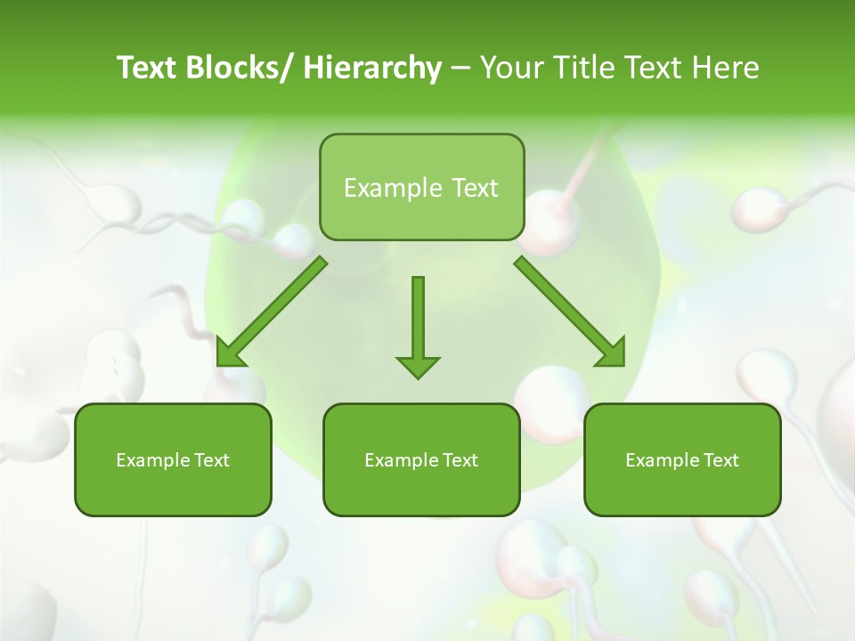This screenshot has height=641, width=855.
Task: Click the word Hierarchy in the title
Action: (372, 68)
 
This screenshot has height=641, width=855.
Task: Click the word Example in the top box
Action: (380, 188)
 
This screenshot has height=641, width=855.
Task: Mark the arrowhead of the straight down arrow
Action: (418, 366)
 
